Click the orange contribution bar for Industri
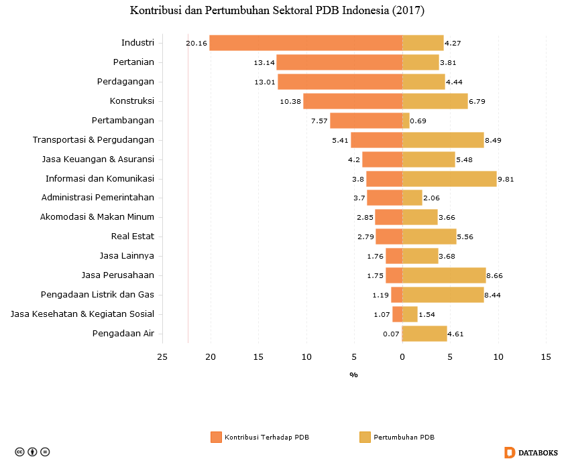[306, 43]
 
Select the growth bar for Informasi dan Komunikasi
[449, 179]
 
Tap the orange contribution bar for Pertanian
[339, 62]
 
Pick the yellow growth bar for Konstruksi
[435, 101]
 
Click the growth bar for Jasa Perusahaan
[444, 275]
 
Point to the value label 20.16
[196, 44]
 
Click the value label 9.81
[506, 180]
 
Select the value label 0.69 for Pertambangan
[418, 121]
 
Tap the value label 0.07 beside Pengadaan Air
[391, 334]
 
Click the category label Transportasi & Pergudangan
[93, 140]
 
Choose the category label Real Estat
[132, 237]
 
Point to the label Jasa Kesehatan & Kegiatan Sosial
[82, 314]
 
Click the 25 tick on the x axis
[162, 357]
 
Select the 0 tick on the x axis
[402, 357]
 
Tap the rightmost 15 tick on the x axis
[546, 357]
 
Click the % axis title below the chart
[353, 375]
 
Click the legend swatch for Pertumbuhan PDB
[365, 438]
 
